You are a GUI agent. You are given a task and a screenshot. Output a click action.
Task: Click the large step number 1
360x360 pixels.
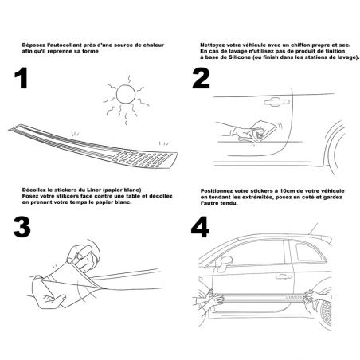[22, 78]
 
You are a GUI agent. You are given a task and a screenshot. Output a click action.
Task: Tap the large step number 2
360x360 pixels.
[201, 79]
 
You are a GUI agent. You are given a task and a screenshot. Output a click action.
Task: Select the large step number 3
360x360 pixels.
[22, 227]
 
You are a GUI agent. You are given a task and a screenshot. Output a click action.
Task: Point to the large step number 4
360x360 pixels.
[200, 227]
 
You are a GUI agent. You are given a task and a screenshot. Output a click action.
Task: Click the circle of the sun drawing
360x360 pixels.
[126, 94]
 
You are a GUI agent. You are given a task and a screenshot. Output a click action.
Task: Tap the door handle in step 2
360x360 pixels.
[276, 101]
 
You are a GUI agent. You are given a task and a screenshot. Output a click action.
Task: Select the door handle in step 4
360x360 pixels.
[284, 277]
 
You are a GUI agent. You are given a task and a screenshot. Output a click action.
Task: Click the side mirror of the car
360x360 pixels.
[225, 263]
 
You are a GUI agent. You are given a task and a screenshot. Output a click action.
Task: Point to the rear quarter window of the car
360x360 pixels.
[310, 252]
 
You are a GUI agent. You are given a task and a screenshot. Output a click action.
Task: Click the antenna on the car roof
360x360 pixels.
[313, 229]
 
